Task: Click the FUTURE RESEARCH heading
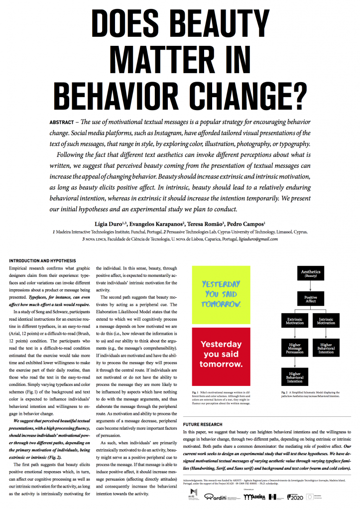tap(202, 410)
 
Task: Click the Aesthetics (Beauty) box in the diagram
tap(311, 273)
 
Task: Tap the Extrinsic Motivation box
tap(295, 322)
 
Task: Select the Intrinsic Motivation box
tap(326, 322)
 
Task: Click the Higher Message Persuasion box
tap(295, 348)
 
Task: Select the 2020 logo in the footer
tap(306, 497)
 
